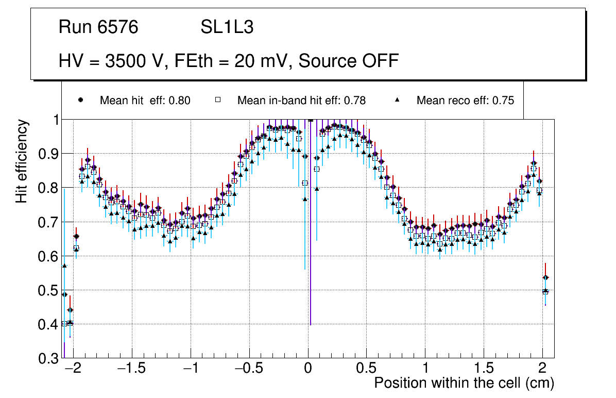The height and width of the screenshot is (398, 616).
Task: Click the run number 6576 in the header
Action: (119, 27)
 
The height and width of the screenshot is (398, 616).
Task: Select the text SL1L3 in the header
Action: (227, 27)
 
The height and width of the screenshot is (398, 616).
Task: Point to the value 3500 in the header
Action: (125, 61)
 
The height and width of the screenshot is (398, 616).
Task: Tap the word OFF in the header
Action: (379, 61)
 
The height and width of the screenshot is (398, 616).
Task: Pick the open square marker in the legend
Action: (217, 101)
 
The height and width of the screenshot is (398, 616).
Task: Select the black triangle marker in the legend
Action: (397, 101)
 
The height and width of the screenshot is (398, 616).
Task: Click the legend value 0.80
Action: (180, 101)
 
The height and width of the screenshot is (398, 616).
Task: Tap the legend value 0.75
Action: (504, 101)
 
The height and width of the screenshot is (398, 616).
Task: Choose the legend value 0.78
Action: (355, 101)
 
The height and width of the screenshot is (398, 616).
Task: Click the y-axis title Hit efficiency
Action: (22, 161)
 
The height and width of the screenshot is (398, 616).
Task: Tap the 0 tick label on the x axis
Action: (308, 369)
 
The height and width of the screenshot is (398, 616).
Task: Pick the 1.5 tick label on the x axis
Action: (484, 369)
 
